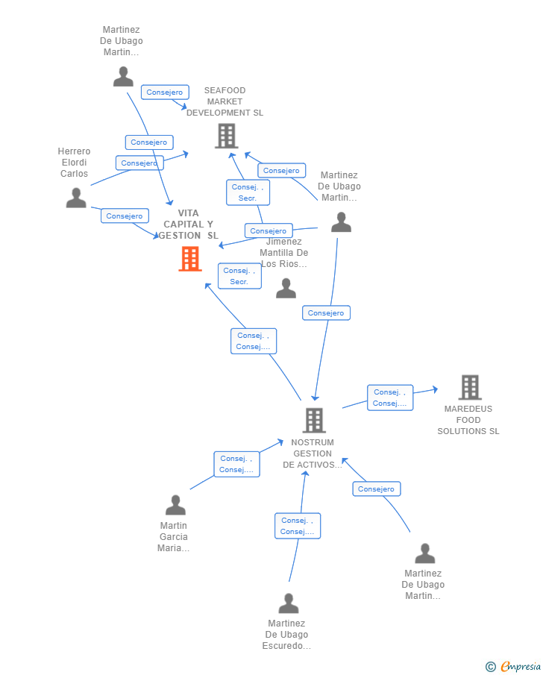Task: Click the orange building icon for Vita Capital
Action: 190,259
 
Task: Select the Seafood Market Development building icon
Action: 225,136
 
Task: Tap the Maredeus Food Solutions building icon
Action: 469,387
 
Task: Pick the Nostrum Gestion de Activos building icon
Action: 314,420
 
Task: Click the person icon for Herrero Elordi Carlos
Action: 76,198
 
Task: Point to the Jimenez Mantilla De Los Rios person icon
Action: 286,289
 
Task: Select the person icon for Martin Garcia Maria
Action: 175,505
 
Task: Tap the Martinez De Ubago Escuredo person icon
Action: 289,603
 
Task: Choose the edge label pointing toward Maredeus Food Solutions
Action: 390,398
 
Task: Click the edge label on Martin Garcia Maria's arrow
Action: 237,464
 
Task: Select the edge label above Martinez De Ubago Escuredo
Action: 298,526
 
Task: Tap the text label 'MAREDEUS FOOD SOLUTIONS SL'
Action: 468,420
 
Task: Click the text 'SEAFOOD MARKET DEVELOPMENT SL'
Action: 225,101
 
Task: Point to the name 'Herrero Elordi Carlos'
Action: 74,163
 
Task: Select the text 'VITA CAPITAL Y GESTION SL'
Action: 189,225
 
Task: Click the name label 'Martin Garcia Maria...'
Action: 174,537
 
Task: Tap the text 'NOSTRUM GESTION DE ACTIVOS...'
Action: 313,453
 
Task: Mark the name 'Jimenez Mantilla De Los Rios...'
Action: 283,253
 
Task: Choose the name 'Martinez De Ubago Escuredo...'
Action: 286,635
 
